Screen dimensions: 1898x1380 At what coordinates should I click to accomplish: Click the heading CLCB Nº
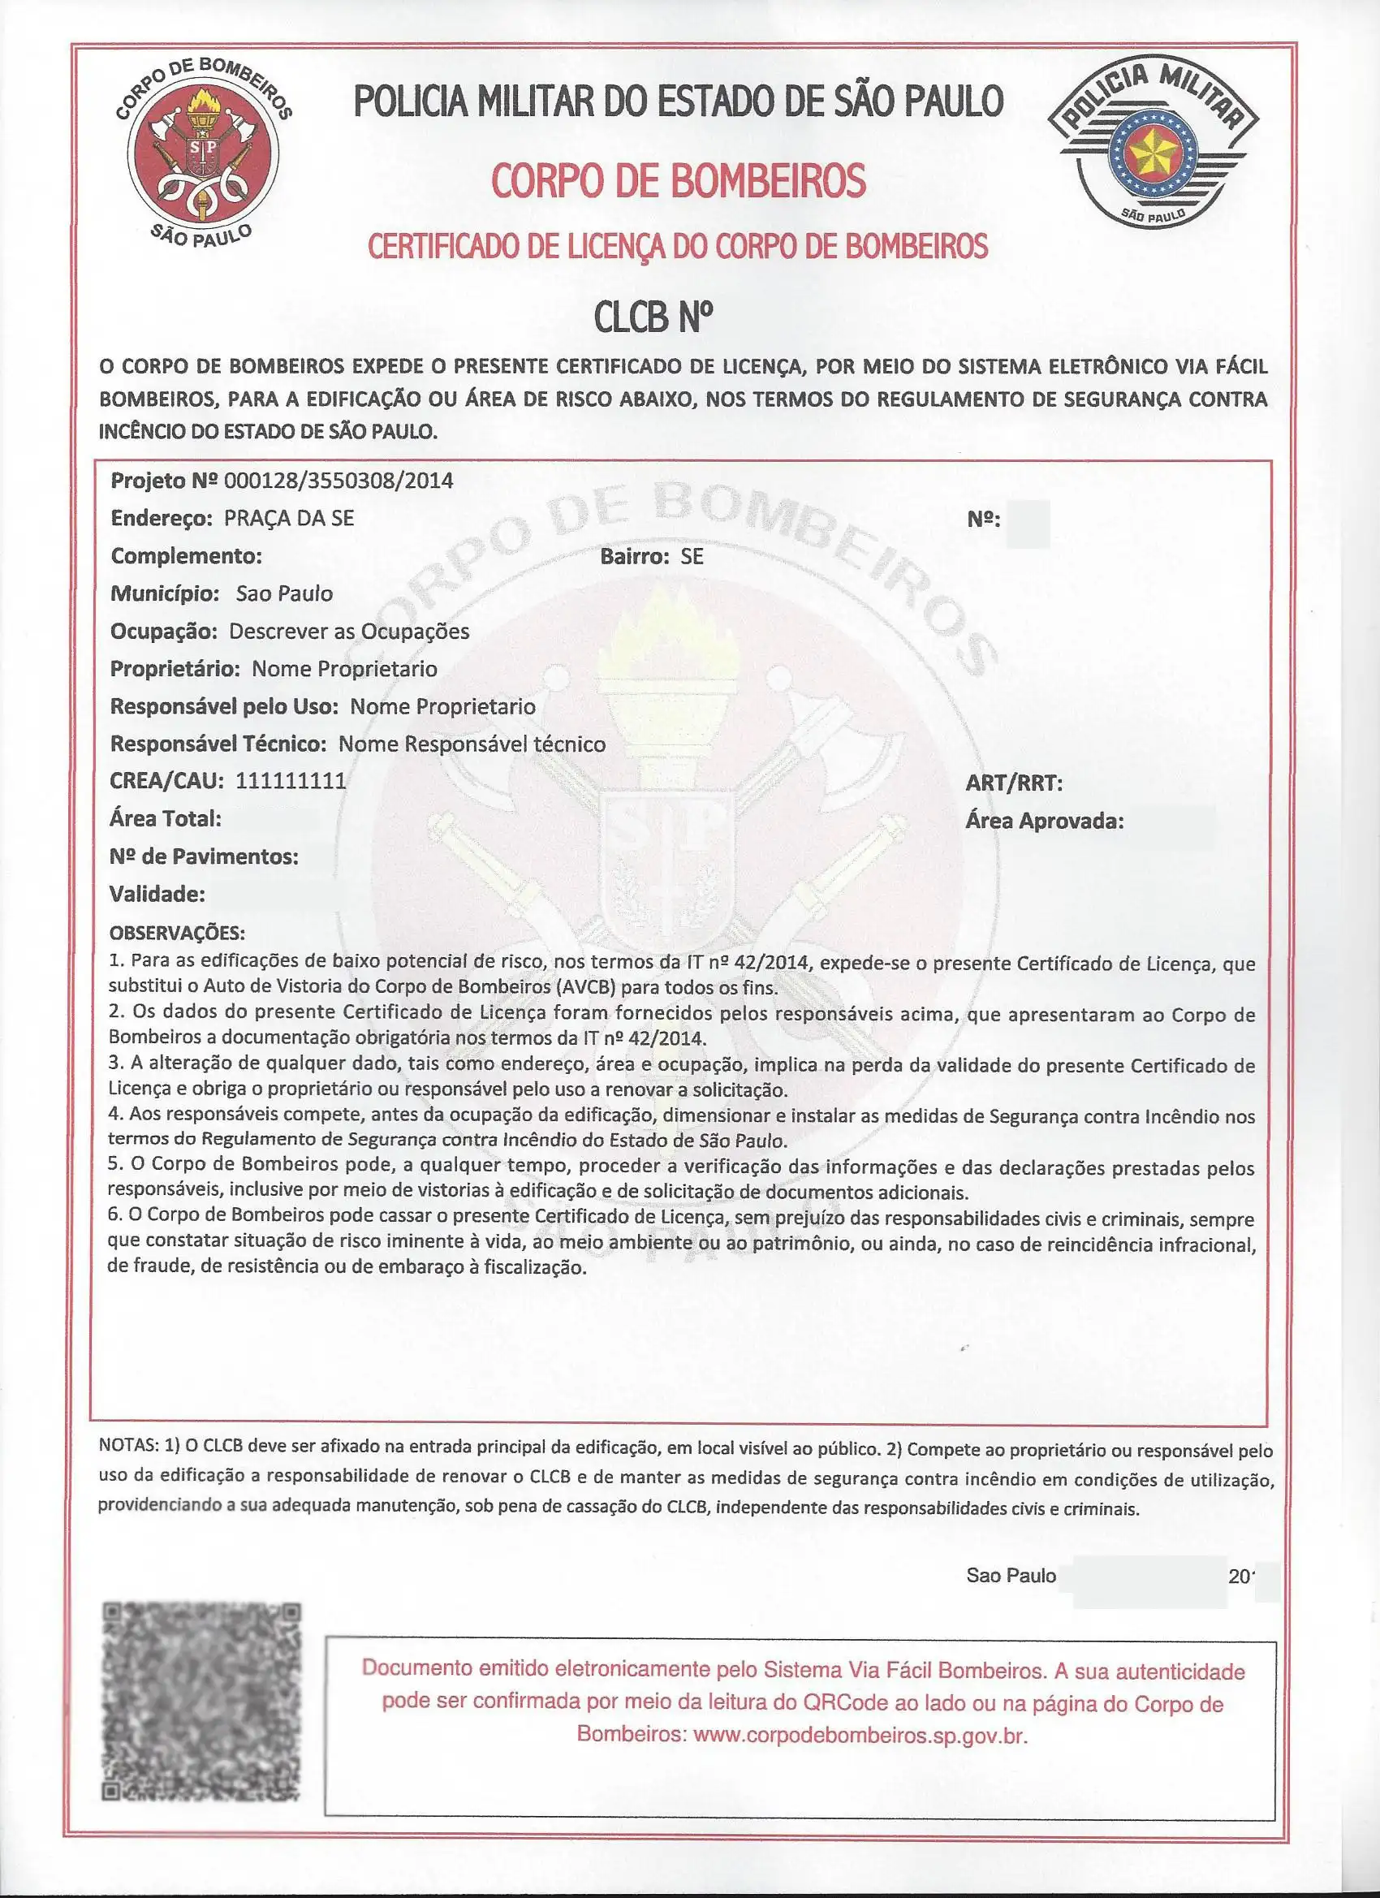pyautogui.click(x=653, y=317)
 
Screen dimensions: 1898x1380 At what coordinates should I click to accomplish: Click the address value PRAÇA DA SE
pyautogui.click(x=289, y=518)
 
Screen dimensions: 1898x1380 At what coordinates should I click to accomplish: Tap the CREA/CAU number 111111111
pyautogui.click(x=291, y=781)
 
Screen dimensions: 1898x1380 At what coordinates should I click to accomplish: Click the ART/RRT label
pyautogui.click(x=1013, y=783)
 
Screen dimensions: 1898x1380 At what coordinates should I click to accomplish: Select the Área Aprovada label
pyautogui.click(x=1044, y=821)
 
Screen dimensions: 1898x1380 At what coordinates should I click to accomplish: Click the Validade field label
pyautogui.click(x=157, y=894)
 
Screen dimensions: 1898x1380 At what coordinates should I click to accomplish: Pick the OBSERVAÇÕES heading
pyautogui.click(x=177, y=932)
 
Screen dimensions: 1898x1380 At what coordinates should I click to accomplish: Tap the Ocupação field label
pyautogui.click(x=164, y=631)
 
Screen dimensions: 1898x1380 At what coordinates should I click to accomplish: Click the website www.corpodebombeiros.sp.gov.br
pyautogui.click(x=860, y=1735)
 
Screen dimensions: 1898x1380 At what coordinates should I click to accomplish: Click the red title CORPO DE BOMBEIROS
pyautogui.click(x=678, y=181)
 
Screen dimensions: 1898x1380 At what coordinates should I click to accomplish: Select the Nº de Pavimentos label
pyautogui.click(x=204, y=856)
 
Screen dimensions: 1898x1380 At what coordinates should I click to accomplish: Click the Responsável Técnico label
pyautogui.click(x=218, y=743)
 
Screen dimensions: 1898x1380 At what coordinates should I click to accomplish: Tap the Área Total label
pyautogui.click(x=165, y=818)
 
